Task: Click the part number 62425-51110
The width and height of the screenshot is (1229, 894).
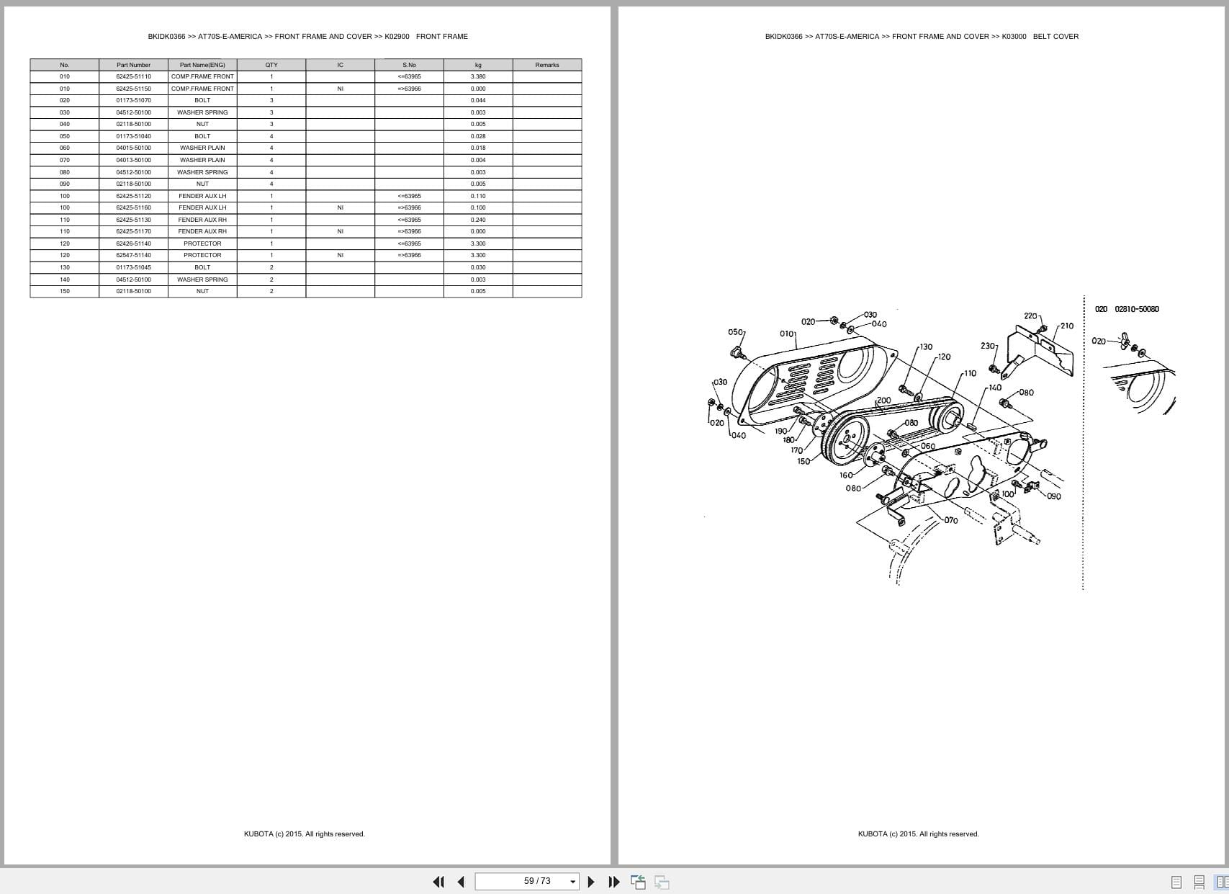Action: point(133,76)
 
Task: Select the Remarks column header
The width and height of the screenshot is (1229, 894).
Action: point(547,65)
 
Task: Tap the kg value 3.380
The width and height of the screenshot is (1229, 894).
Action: point(478,76)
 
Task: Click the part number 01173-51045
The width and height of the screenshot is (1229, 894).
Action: point(133,267)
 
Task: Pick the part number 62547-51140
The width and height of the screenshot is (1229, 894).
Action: point(133,255)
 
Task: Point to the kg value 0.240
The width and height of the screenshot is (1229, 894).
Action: point(478,220)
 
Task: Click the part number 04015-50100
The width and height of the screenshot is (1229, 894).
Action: point(133,148)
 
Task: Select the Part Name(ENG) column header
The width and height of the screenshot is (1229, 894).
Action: point(202,65)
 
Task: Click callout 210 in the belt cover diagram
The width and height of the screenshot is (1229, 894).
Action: point(1066,326)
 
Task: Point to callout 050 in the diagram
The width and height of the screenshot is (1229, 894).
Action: point(735,332)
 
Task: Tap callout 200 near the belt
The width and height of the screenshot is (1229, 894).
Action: point(884,401)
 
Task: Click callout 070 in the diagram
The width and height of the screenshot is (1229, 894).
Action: point(951,520)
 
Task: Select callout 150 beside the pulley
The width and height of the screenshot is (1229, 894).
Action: point(803,461)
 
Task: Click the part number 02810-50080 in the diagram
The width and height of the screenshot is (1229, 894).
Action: point(1137,309)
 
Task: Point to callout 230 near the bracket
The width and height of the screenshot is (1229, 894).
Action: point(988,345)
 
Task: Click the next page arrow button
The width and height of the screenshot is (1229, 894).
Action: point(591,881)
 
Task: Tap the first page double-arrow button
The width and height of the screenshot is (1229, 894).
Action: point(438,881)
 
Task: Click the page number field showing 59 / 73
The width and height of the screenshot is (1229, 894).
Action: point(527,881)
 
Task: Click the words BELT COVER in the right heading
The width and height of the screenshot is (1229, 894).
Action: point(1055,36)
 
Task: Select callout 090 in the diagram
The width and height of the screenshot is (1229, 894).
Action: point(1054,496)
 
